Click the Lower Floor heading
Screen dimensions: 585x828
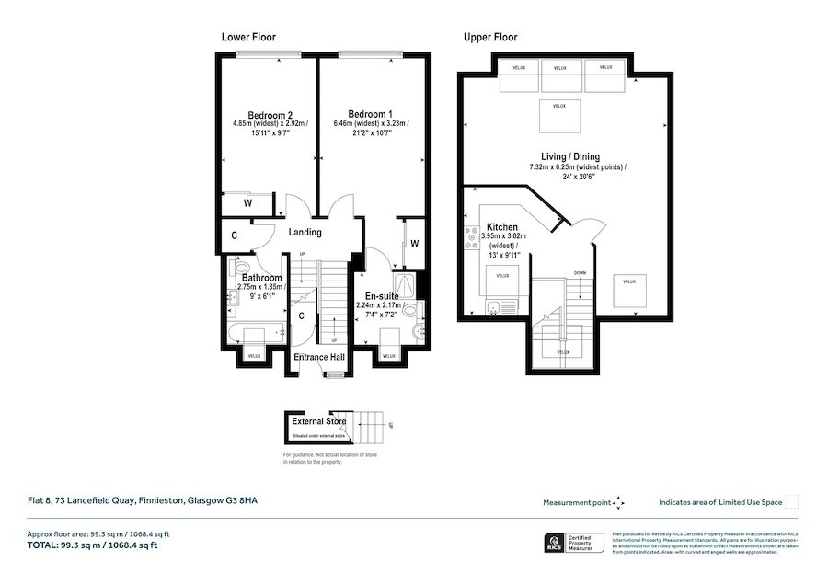(x=248, y=38)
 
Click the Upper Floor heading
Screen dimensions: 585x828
(x=489, y=38)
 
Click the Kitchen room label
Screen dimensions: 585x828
(x=502, y=226)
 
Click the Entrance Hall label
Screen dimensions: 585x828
(x=319, y=357)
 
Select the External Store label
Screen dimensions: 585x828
(x=319, y=422)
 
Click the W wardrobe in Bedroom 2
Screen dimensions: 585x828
(x=248, y=203)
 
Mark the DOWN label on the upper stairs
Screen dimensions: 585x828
(x=580, y=273)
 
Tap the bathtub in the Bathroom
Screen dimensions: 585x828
(x=259, y=331)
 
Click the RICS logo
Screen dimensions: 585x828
(x=555, y=544)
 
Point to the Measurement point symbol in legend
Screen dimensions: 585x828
(x=618, y=502)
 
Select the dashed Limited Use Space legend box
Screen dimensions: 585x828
(x=792, y=502)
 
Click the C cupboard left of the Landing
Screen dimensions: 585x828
(x=235, y=235)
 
